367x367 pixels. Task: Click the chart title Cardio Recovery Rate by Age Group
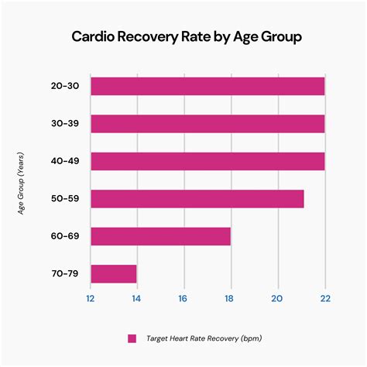[183, 37]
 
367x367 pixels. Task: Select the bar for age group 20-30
[208, 86]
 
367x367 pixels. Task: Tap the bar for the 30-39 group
[208, 124]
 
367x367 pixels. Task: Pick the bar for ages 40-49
[208, 161]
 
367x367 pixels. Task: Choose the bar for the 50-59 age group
[197, 199]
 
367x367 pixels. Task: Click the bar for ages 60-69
[160, 236]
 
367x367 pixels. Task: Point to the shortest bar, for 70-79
[114, 274]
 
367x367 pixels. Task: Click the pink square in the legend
[132, 338]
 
